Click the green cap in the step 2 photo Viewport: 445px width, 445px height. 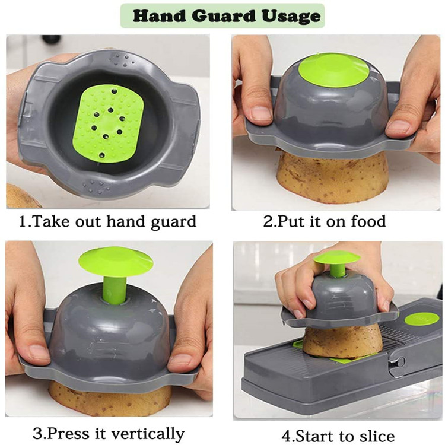(x=333, y=69)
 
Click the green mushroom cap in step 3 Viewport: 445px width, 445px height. (x=115, y=262)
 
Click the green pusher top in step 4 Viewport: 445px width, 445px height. (x=337, y=258)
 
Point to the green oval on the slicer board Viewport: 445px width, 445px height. (x=422, y=319)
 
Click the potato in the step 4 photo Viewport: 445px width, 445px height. (x=335, y=343)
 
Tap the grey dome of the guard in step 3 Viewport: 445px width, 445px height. (x=113, y=332)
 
